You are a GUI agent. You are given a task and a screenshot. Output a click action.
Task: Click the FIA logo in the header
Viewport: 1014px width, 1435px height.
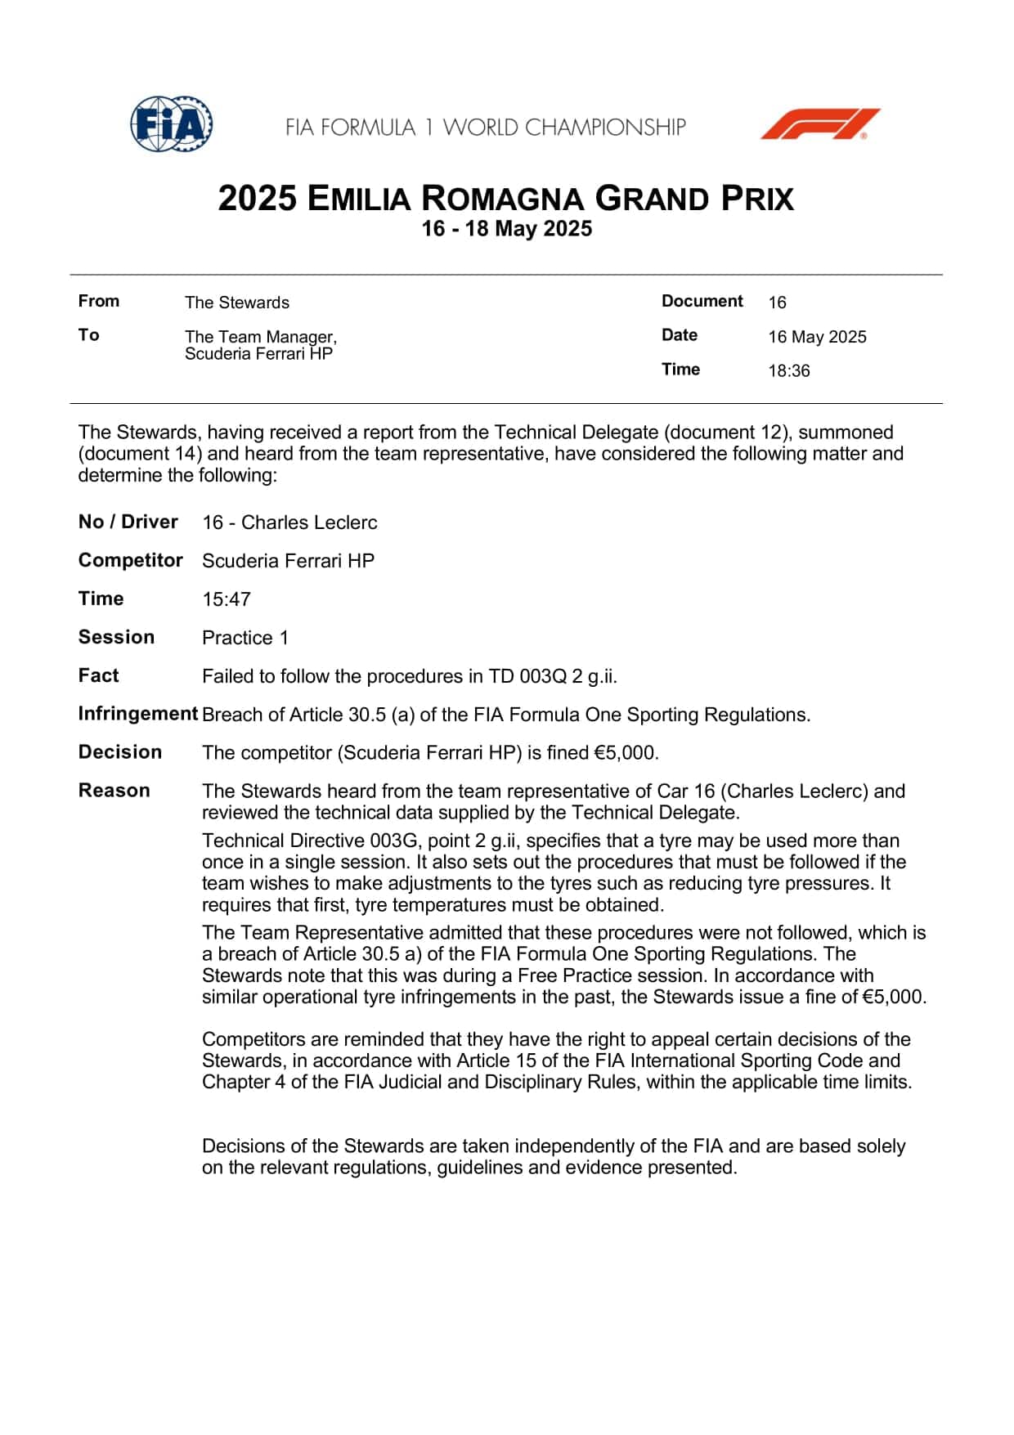(172, 124)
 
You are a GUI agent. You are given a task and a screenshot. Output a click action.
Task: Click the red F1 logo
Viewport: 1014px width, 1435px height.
(819, 124)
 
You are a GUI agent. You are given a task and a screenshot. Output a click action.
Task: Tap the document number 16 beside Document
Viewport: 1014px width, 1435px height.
(777, 303)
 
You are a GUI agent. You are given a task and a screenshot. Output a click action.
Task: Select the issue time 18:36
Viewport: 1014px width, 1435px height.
(788, 370)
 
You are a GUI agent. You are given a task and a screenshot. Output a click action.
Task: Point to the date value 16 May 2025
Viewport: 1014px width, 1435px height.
(817, 337)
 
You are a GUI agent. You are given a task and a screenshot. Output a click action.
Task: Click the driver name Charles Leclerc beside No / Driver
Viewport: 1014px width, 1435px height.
(309, 522)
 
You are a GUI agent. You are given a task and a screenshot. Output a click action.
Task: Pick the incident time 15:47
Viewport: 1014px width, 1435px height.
(227, 599)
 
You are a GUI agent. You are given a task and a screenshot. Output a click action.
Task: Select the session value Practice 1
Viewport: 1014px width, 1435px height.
(245, 638)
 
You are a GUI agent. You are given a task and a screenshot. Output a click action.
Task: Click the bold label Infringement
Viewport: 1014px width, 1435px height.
(138, 714)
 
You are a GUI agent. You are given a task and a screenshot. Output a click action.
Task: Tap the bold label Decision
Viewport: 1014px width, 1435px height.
(120, 752)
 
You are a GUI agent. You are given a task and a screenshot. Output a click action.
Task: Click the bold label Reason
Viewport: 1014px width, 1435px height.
(114, 791)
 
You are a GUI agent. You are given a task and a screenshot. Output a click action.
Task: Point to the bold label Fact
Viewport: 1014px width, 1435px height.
(98, 675)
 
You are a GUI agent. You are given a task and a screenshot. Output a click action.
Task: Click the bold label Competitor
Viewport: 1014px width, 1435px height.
(131, 560)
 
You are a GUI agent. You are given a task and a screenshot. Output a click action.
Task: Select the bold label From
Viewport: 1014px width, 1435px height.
(99, 301)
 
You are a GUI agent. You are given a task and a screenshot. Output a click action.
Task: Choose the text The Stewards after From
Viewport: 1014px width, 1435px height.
(237, 303)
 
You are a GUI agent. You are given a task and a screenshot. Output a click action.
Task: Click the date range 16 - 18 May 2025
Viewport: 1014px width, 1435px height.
(506, 228)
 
